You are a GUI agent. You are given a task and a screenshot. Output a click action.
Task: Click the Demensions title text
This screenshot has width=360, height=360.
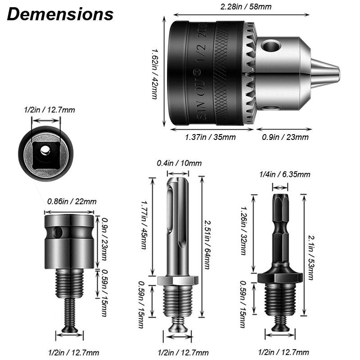click(60, 14)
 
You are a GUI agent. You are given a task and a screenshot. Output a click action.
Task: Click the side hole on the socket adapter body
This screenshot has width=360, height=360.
click(57, 233)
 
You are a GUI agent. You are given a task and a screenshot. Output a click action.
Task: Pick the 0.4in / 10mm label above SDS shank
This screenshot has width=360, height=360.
click(179, 163)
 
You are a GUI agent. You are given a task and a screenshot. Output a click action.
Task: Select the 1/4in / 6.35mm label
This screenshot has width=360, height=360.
click(279, 175)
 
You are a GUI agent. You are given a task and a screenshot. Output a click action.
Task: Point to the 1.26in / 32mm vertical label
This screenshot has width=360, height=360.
click(243, 230)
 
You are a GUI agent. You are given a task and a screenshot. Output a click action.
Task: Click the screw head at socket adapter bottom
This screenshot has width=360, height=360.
click(69, 330)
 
